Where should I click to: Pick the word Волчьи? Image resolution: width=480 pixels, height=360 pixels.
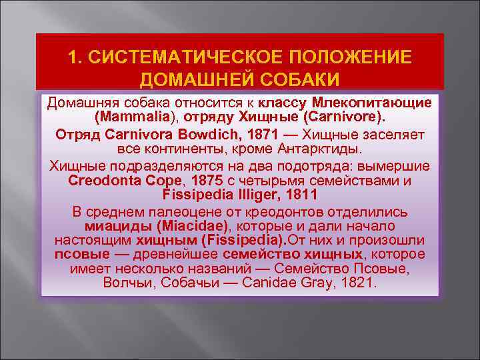tap(132, 283)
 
